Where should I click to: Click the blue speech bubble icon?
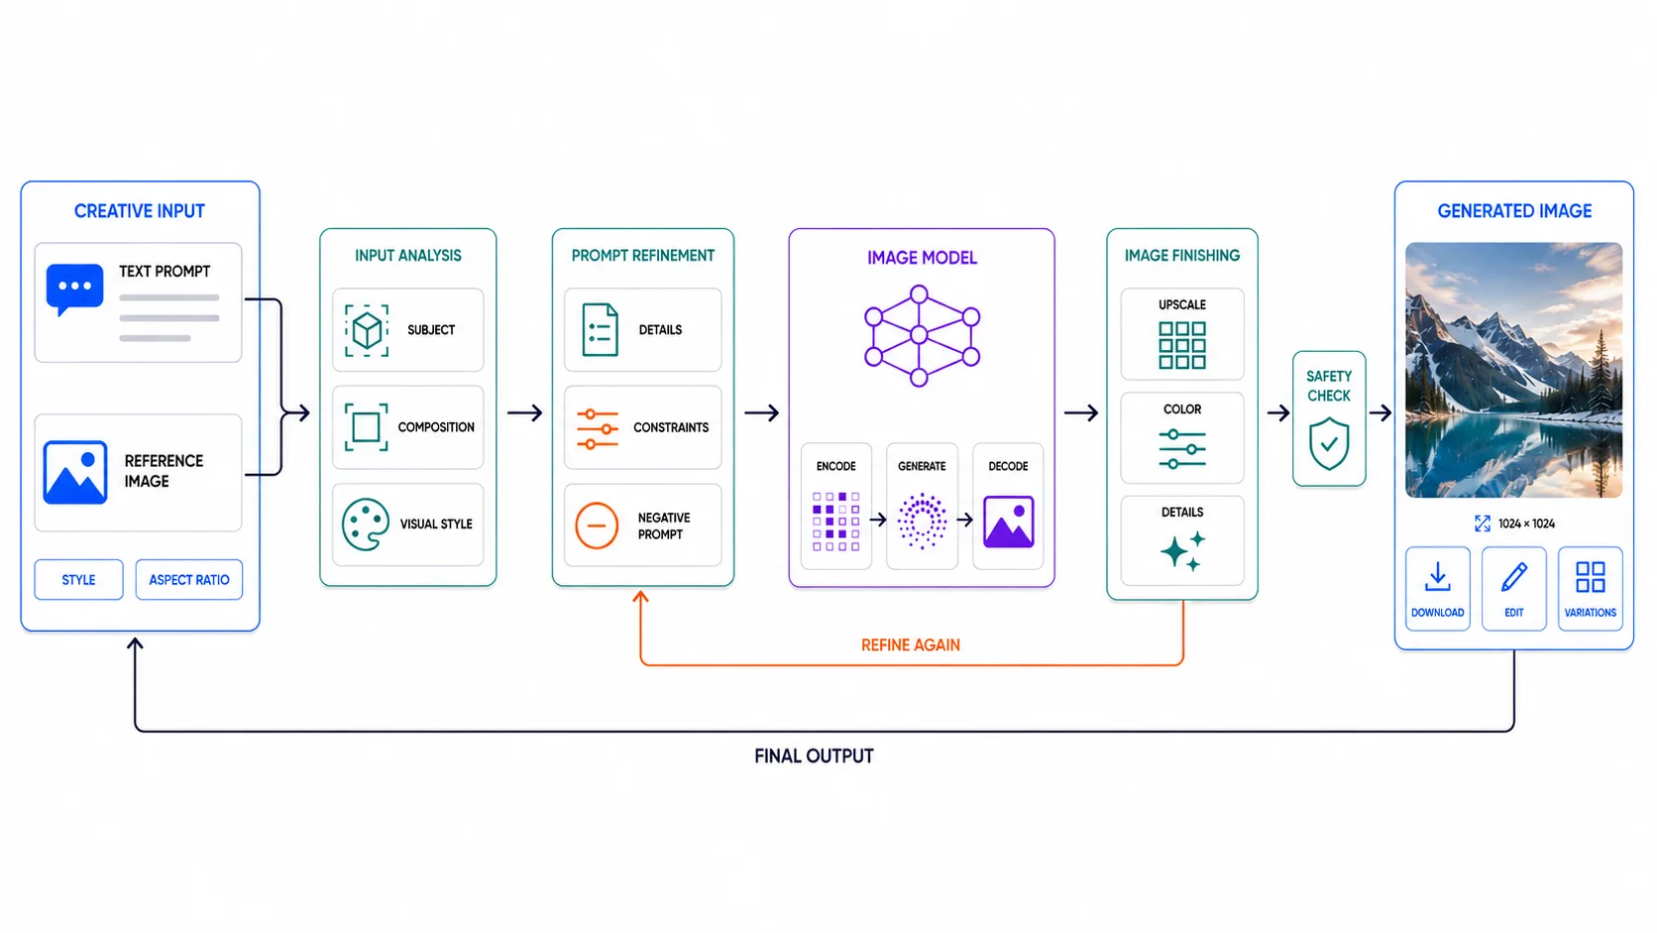click(74, 289)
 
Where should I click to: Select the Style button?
click(78, 579)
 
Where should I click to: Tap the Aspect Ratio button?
click(188, 579)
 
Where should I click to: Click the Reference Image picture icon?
click(74, 472)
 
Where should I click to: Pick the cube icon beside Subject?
click(367, 330)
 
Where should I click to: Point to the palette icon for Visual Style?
click(366, 524)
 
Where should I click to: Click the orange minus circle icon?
click(597, 525)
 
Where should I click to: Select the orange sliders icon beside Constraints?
click(598, 428)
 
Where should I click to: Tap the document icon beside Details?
click(600, 330)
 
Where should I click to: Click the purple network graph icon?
click(922, 336)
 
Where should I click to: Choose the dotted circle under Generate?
click(922, 521)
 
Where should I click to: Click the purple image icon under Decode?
click(1008, 522)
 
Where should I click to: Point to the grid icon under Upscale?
click(1182, 345)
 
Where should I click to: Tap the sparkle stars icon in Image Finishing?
click(1183, 551)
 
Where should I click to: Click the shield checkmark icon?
click(1329, 443)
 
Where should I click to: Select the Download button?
click(1437, 589)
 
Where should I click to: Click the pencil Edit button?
click(1513, 589)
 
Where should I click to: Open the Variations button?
click(1590, 589)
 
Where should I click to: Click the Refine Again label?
click(911, 645)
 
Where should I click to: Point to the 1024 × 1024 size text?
click(1527, 524)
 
